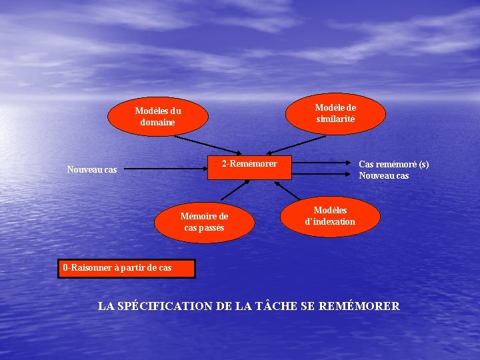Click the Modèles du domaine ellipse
pyautogui.click(x=158, y=116)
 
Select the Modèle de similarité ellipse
pyautogui.click(x=335, y=113)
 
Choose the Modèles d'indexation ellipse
pyautogui.click(x=330, y=216)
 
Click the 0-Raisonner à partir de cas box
pyautogui.click(x=126, y=268)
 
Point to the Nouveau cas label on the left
pyautogui.click(x=92, y=170)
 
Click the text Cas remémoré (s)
pyautogui.click(x=393, y=164)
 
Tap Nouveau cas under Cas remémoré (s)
pyautogui.click(x=383, y=176)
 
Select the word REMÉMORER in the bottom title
pyautogui.click(x=359, y=307)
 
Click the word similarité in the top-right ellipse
pyautogui.click(x=336, y=119)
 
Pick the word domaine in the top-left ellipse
pyautogui.click(x=157, y=123)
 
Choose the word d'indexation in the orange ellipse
pyautogui.click(x=330, y=222)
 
